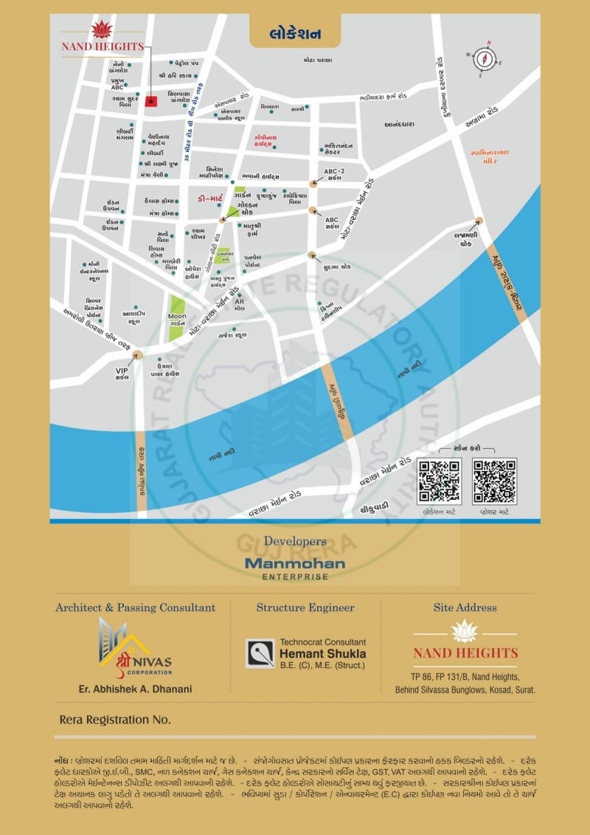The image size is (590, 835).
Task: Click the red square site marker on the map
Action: click(150, 102)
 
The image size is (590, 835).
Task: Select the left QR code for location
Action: click(439, 481)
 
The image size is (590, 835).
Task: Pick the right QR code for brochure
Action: click(494, 481)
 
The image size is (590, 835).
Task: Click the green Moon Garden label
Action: click(177, 319)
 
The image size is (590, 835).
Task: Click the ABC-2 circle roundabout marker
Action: click(313, 182)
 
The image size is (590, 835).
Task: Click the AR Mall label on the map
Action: click(239, 304)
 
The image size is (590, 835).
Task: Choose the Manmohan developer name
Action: click(295, 563)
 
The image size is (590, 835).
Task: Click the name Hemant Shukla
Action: click(322, 653)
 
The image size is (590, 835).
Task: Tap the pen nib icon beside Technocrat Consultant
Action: click(260, 653)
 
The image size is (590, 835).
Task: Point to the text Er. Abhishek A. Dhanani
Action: click(135, 690)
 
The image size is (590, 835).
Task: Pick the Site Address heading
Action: click(465, 608)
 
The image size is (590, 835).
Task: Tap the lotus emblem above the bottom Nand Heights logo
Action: click(465, 631)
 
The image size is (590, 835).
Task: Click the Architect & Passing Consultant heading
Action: click(136, 608)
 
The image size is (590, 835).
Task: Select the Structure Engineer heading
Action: click(305, 608)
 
